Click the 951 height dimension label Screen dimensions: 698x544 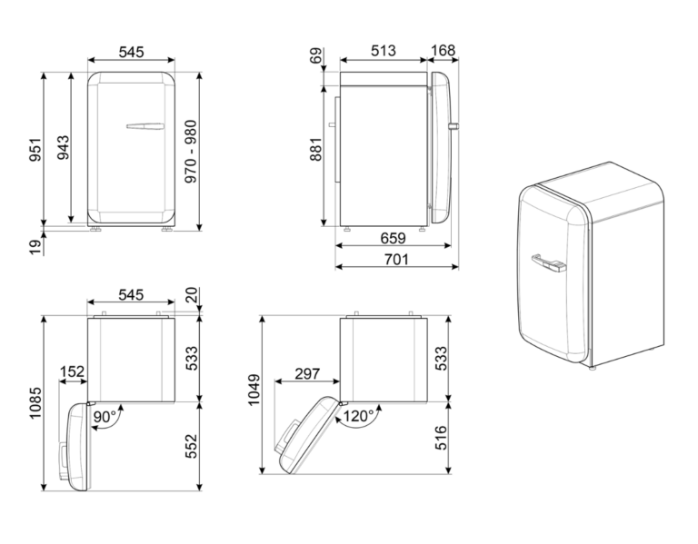click(x=35, y=150)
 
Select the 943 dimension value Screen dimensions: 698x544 click(x=63, y=148)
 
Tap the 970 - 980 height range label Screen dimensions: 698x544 click(x=191, y=152)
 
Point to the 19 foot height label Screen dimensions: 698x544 click(x=35, y=245)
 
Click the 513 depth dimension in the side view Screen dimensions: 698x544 click(x=384, y=51)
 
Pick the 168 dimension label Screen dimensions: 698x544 click(x=444, y=51)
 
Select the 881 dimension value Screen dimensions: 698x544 click(x=315, y=150)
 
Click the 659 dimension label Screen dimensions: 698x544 click(x=393, y=239)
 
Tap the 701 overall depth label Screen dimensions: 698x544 click(x=395, y=259)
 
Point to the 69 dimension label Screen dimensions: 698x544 click(x=315, y=56)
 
